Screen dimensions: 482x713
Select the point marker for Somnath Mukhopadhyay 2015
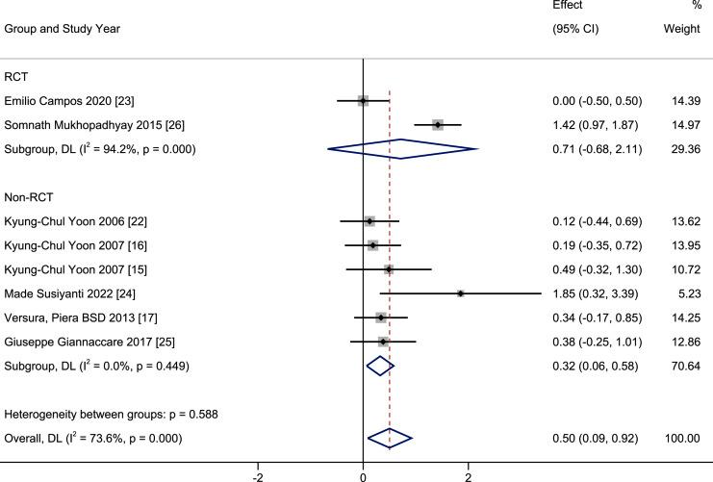438,124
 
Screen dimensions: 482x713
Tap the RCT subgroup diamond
402,149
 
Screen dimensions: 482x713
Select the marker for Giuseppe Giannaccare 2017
383,342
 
